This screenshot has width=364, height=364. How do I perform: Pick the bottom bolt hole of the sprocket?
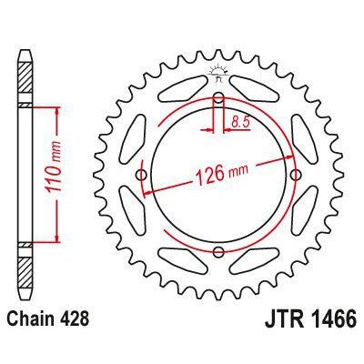point(218,252)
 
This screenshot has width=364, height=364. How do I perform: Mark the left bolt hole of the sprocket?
point(141,175)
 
